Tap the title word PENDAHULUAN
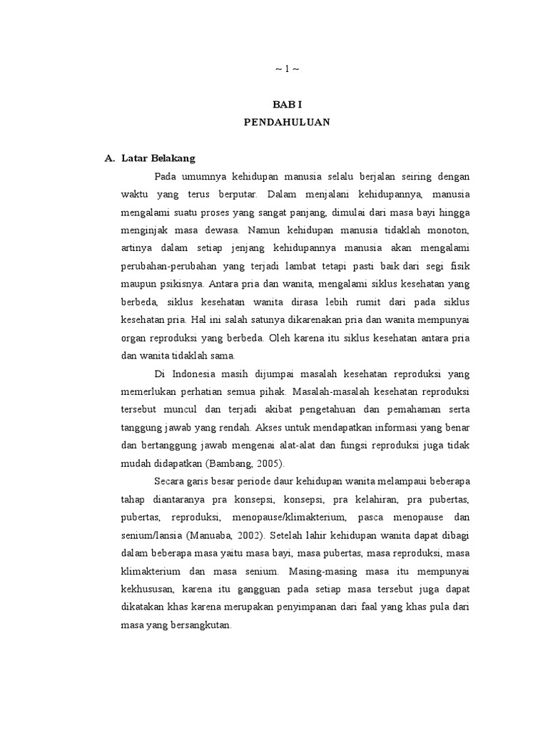[x=287, y=122]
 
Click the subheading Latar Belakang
[x=158, y=158]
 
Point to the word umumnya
[x=205, y=176]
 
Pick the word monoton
[x=452, y=230]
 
